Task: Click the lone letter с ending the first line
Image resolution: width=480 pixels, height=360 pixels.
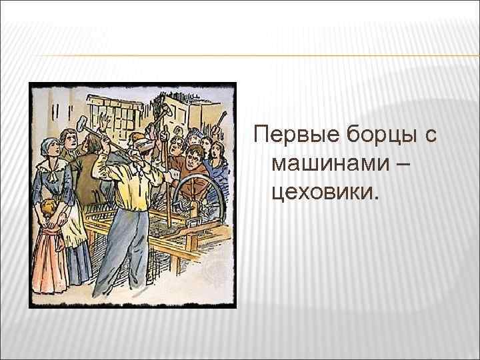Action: coord(429,137)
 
